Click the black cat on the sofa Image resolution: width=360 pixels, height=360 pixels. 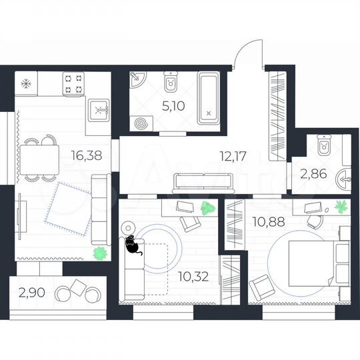click(132, 245)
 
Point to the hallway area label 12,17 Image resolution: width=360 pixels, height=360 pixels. click(233, 157)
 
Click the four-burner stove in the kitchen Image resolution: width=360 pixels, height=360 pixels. click(73, 84)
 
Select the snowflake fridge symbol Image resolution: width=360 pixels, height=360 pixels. click(27, 83)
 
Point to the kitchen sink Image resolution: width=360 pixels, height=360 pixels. click(98, 108)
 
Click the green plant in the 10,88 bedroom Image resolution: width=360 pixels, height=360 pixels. click(342, 205)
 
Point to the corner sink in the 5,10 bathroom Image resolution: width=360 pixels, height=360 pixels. click(137, 82)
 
